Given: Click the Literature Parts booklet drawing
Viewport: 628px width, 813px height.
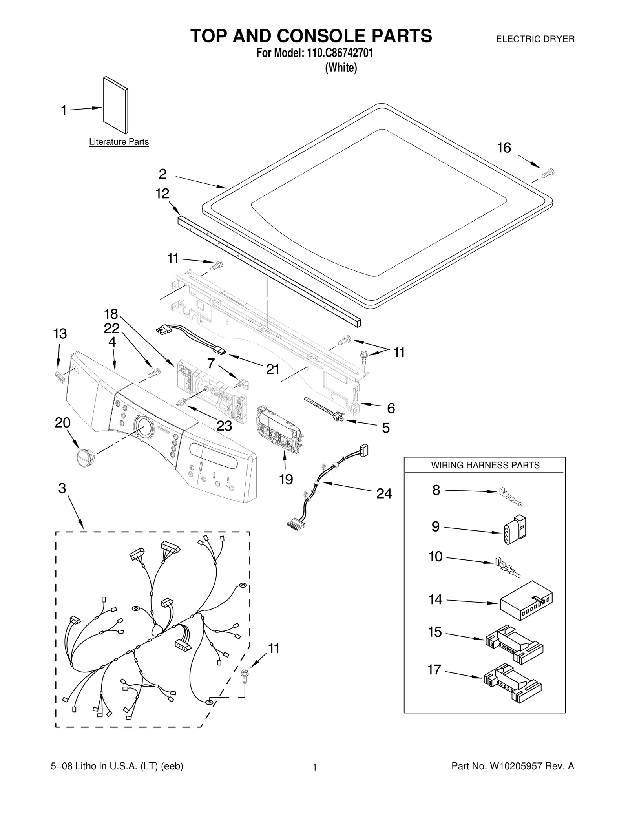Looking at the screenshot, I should pyautogui.click(x=115, y=105).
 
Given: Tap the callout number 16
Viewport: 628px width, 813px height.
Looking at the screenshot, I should pyautogui.click(x=504, y=148).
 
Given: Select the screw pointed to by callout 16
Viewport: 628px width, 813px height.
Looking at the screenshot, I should pyautogui.click(x=548, y=173).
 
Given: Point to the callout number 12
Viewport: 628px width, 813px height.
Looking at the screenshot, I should pyautogui.click(x=162, y=194).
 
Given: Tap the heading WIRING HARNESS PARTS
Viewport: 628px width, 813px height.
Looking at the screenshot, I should pyautogui.click(x=485, y=465).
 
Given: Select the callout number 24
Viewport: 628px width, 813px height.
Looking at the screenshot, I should pyautogui.click(x=383, y=494).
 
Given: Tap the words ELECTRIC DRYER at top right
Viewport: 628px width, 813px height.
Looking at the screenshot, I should pyautogui.click(x=535, y=39).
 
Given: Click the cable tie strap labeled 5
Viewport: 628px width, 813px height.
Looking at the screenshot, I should pyautogui.click(x=324, y=409).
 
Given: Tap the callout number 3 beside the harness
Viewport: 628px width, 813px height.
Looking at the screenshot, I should pyautogui.click(x=62, y=488).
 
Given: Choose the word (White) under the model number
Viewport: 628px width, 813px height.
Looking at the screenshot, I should pyautogui.click(x=341, y=68).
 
